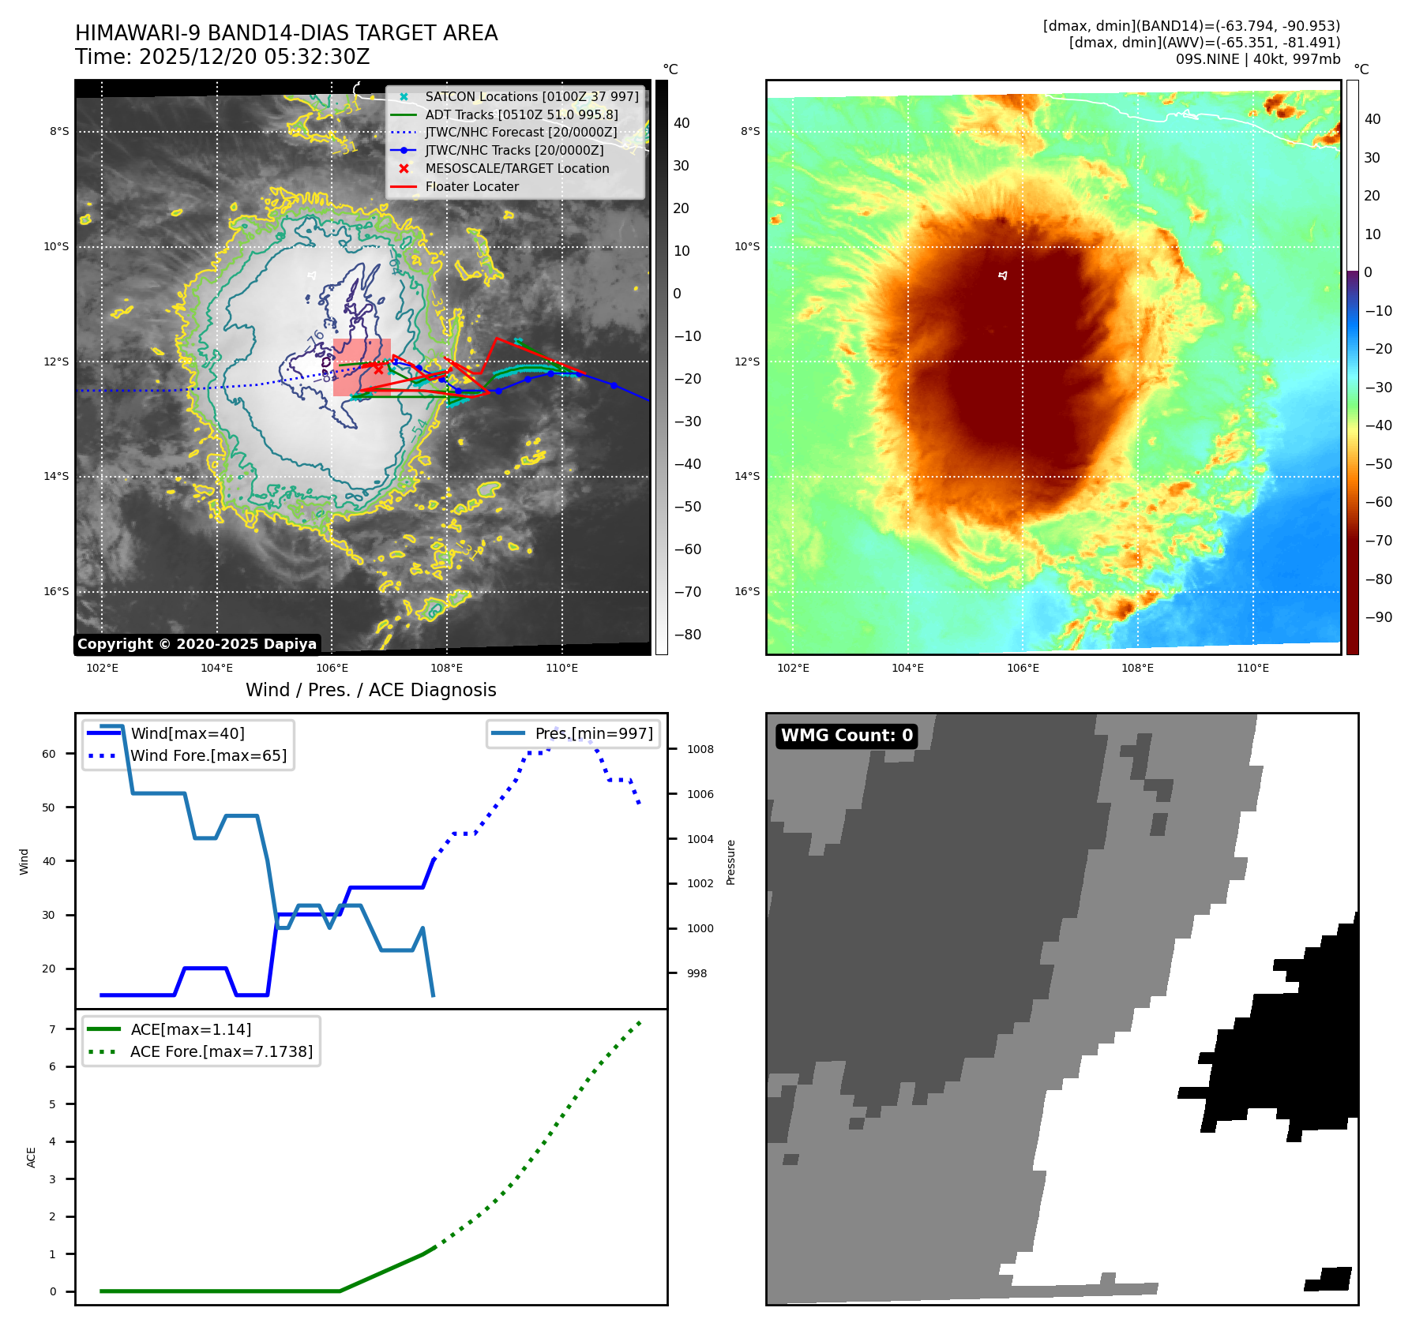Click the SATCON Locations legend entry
pos(531,96)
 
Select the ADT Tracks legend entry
pos(521,114)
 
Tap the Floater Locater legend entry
pos(471,186)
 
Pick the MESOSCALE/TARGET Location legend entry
pos(516,168)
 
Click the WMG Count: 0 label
pos(847,736)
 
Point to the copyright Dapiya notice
pos(197,644)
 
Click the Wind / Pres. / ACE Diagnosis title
pos(370,690)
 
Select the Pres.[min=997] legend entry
pos(593,733)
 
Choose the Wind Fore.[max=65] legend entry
pos(208,755)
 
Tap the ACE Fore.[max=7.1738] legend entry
pos(221,1051)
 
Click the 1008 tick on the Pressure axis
pos(700,749)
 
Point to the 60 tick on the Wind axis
pos(49,754)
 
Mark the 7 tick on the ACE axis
pos(53,1029)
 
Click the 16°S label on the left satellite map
pos(56,591)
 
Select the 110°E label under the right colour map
pos(1252,668)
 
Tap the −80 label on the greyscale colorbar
pos(687,635)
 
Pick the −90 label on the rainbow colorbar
pos(1378,617)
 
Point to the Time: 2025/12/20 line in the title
pos(222,57)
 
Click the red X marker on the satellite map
pos(378,369)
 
